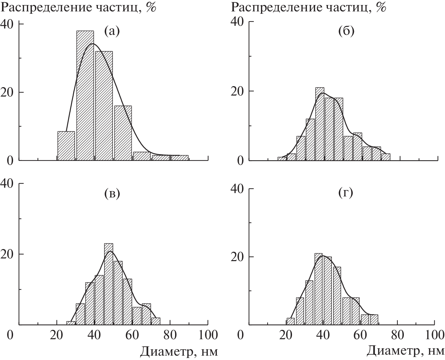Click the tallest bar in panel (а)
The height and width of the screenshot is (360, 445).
(85, 96)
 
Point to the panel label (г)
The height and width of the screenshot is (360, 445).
(346, 193)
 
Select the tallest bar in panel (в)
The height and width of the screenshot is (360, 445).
(108, 284)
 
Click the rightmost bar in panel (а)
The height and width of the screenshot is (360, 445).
(179, 158)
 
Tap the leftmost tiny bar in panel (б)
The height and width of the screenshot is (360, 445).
(282, 159)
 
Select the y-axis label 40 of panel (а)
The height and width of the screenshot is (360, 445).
(7, 24)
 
